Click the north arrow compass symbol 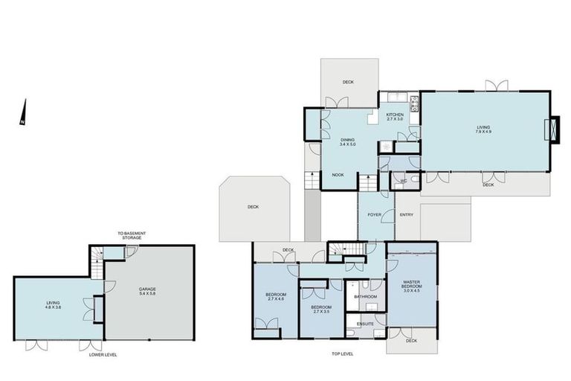tap(23, 113)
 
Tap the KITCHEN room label tap(394, 115)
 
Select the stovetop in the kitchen tap(414, 100)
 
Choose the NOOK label tap(338, 174)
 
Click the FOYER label tap(375, 215)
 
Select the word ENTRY tap(407, 215)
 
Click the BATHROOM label tap(365, 297)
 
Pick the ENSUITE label tap(365, 324)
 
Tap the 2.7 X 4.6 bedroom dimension tap(275, 299)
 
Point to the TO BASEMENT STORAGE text tap(131, 236)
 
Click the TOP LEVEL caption tap(343, 354)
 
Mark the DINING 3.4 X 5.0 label tap(347, 141)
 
